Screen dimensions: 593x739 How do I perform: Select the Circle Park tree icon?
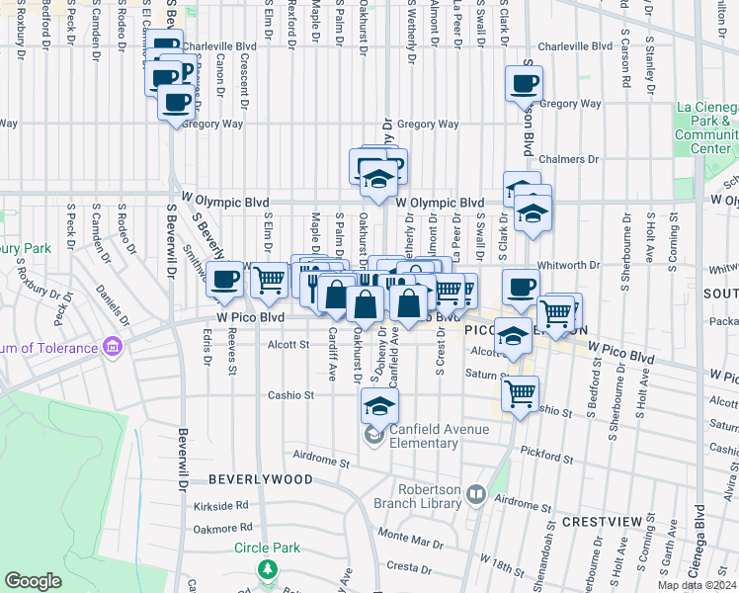267,570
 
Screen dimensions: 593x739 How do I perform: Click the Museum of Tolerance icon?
112,347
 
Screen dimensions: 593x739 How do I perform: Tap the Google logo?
33,581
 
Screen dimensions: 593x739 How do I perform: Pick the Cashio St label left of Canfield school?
290,395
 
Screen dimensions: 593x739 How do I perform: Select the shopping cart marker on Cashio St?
520,393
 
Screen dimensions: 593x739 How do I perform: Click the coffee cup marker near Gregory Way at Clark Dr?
525,83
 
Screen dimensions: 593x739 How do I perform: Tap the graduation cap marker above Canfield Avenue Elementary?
378,404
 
